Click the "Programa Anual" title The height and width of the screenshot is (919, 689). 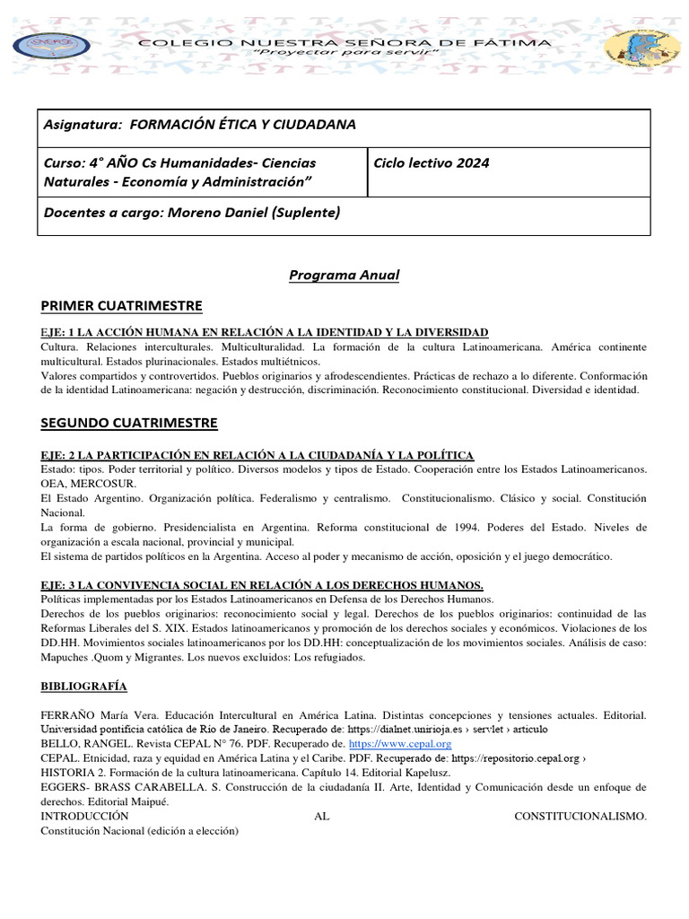click(344, 275)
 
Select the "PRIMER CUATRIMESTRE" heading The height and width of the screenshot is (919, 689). click(121, 305)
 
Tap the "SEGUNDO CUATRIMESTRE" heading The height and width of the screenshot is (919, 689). click(129, 422)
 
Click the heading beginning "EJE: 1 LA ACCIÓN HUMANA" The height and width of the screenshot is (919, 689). click(264, 332)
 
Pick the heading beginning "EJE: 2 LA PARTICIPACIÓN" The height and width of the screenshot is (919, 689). click(257, 456)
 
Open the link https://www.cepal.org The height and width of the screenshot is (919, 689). click(399, 744)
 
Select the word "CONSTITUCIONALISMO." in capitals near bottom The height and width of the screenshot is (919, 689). click(580, 816)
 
